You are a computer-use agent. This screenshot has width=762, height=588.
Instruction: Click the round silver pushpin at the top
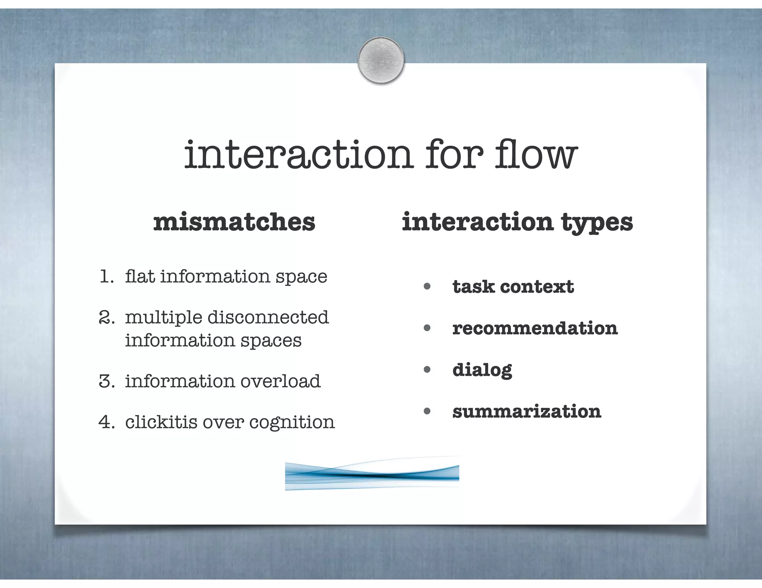pyautogui.click(x=381, y=60)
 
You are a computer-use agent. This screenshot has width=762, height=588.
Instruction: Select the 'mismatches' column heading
pyautogui.click(x=234, y=222)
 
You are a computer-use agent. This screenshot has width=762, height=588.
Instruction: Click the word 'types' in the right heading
pyautogui.click(x=597, y=223)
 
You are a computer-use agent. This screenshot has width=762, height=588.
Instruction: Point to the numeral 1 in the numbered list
pyautogui.click(x=106, y=277)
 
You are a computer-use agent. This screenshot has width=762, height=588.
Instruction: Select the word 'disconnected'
pyautogui.click(x=268, y=317)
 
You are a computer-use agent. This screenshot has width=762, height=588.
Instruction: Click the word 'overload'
pyautogui.click(x=280, y=381)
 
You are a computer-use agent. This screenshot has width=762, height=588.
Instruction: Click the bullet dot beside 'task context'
pyautogui.click(x=427, y=287)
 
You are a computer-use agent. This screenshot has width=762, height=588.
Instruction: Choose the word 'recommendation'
pyautogui.click(x=535, y=328)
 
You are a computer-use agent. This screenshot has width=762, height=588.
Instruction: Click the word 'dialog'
pyautogui.click(x=482, y=370)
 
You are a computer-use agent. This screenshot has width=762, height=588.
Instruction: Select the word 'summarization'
pyautogui.click(x=526, y=411)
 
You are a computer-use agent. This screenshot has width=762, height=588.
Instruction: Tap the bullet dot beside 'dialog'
pyautogui.click(x=427, y=370)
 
